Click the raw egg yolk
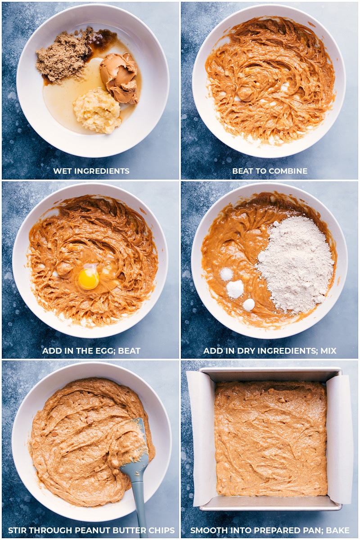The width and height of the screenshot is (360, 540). coord(88,279)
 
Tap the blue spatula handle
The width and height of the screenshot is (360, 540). coord(140,495)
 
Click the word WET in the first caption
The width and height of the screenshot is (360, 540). coord(62,171)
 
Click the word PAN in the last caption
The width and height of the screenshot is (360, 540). coord(312,531)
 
